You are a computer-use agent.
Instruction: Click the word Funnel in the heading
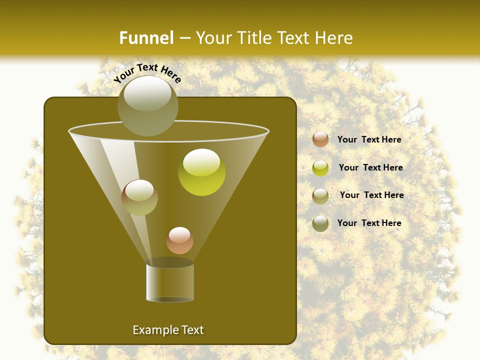[x=146, y=38]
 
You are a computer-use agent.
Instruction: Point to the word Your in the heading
[x=212, y=38]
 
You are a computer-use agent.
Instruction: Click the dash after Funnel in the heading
[x=184, y=38]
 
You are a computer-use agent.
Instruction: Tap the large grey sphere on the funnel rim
[x=147, y=106]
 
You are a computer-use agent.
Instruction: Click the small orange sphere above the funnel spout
[x=179, y=240]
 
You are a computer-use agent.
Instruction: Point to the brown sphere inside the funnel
[x=139, y=197]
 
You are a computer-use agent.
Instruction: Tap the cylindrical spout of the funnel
[x=170, y=282]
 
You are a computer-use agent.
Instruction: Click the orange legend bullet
[x=320, y=139]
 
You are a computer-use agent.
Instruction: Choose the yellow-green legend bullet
[x=320, y=167]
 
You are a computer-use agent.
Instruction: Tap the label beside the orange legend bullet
[x=369, y=139]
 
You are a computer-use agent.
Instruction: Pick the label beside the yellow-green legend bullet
[x=370, y=167]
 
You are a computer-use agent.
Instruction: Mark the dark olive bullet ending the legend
[x=320, y=223]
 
